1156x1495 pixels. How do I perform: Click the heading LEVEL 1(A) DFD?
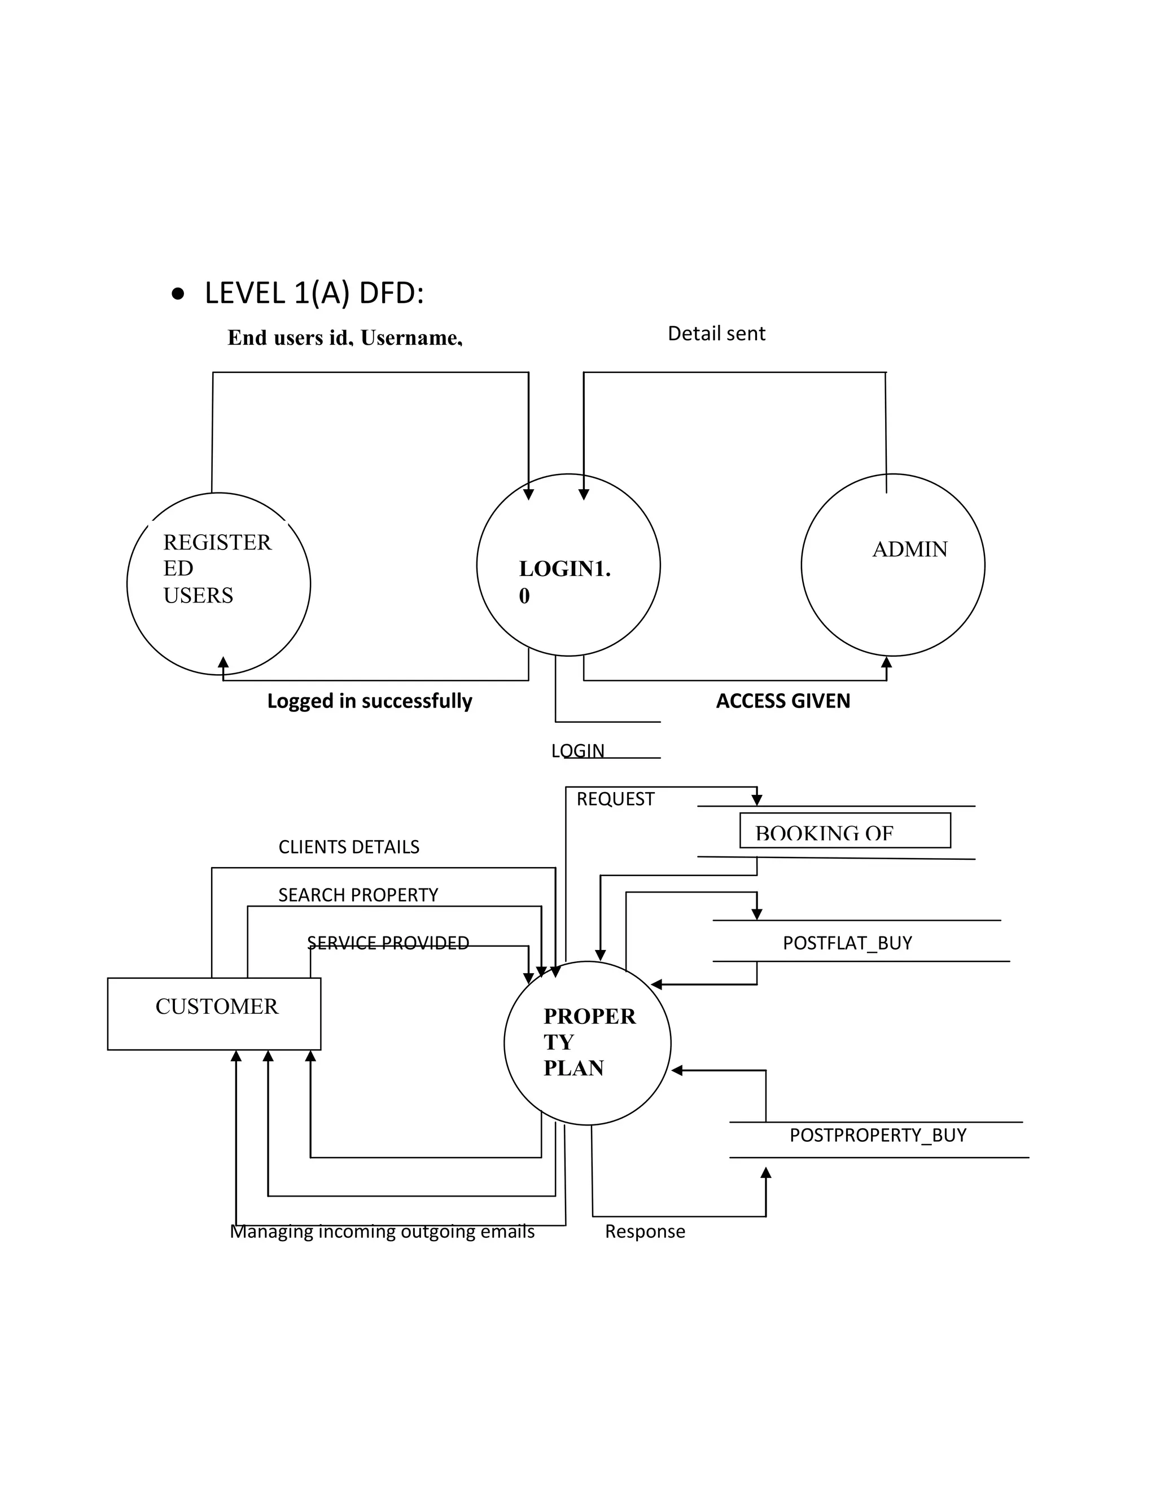pos(314,294)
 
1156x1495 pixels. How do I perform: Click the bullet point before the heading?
pos(178,295)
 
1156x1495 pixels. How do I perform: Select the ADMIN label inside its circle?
pos(909,549)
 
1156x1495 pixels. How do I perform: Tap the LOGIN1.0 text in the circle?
pos(564,581)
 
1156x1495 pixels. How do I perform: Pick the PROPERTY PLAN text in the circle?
pos(589,1042)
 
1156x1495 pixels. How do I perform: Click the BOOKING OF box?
pos(844,831)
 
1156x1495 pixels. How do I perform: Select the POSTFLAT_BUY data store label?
pos(847,943)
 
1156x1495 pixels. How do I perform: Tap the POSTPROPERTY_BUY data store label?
pos(877,1135)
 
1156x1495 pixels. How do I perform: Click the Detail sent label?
pos(716,334)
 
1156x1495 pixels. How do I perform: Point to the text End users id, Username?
pos(344,337)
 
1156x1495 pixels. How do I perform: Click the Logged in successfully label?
pos(369,701)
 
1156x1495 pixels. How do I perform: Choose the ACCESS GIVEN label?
pos(783,701)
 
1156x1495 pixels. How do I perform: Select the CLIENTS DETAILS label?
pos(349,847)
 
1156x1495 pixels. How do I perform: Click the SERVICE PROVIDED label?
pos(388,943)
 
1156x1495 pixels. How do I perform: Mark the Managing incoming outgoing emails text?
pos(382,1232)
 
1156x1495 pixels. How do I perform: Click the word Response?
pos(645,1232)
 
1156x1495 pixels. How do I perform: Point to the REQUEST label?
pos(615,799)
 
